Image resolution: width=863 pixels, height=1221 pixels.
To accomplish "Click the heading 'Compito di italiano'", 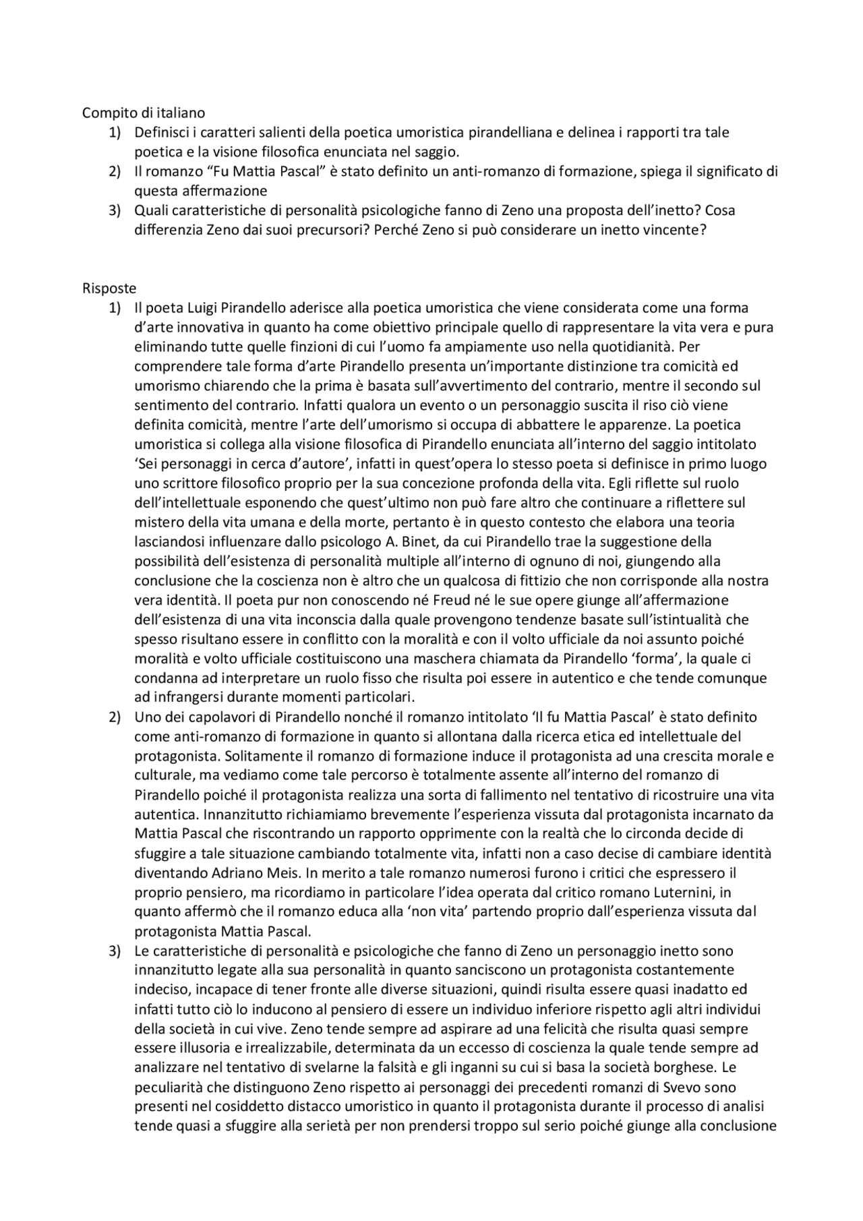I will [x=143, y=113].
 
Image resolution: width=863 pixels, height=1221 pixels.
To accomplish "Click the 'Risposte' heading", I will [x=109, y=289].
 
